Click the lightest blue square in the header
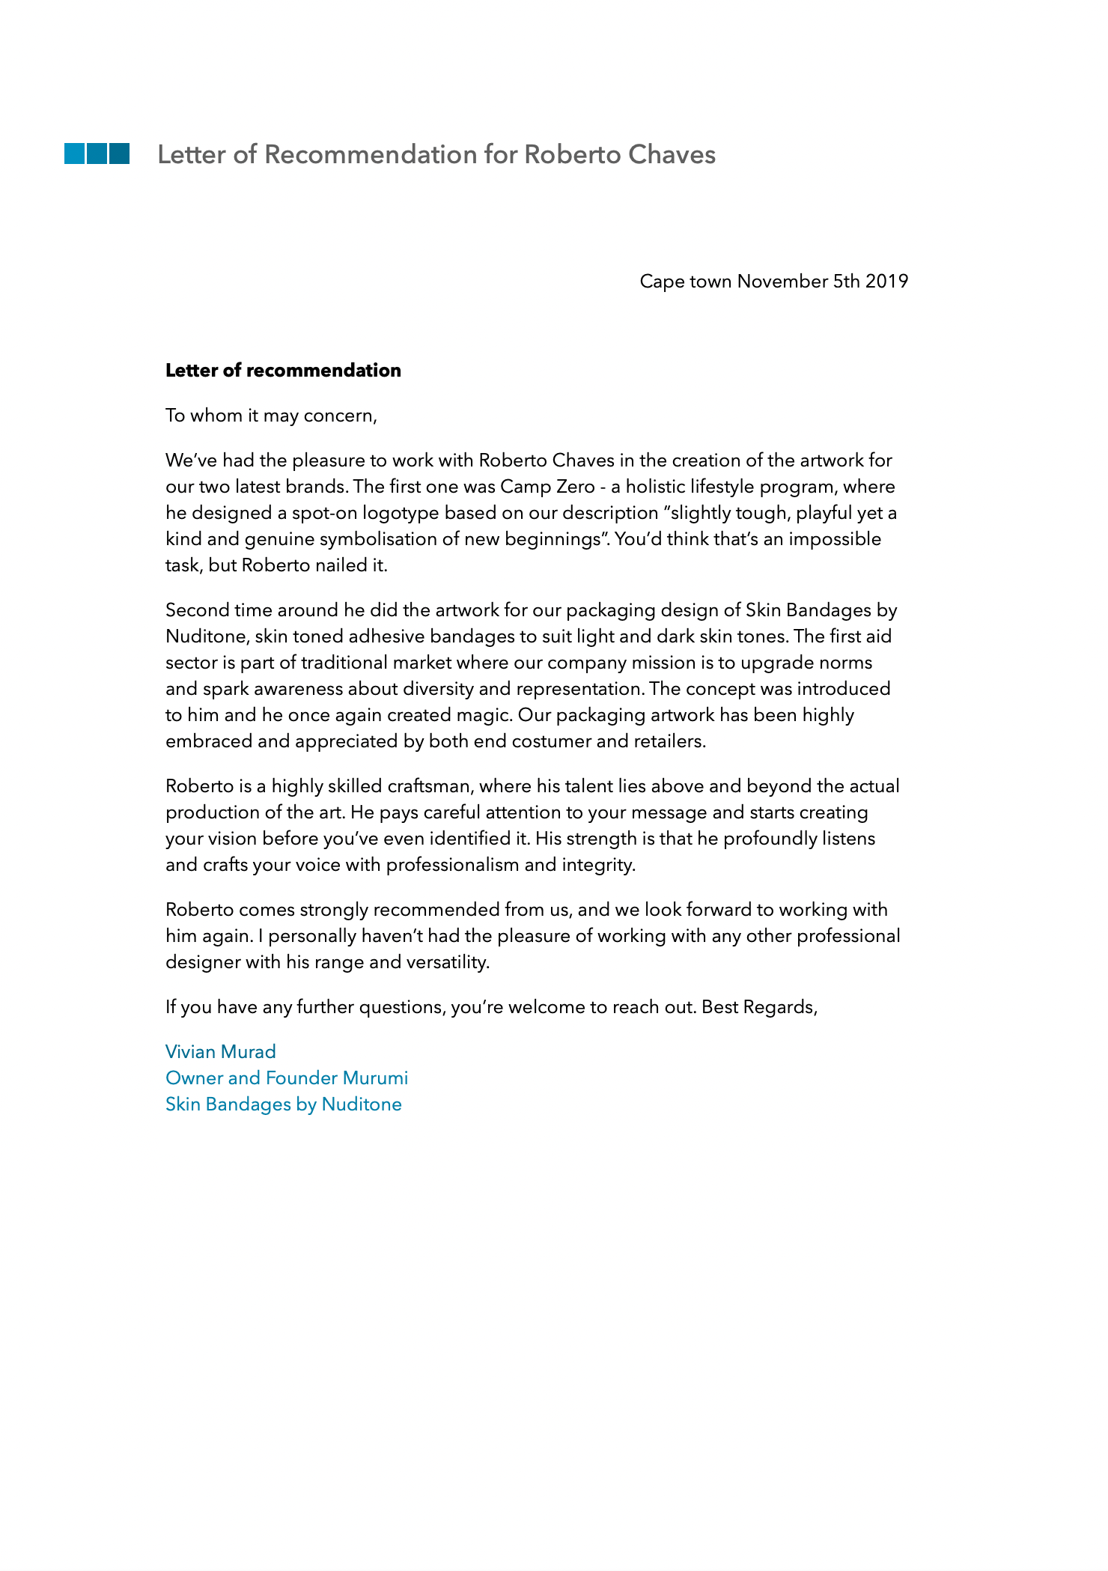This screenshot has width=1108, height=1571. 74,154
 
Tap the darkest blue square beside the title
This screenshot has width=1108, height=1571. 119,154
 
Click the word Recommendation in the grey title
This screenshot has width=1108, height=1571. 371,154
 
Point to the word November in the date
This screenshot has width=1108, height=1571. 782,282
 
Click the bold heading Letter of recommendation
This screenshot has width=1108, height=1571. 283,371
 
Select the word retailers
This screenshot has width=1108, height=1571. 669,741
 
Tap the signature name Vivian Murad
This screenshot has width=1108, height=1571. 221,1052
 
